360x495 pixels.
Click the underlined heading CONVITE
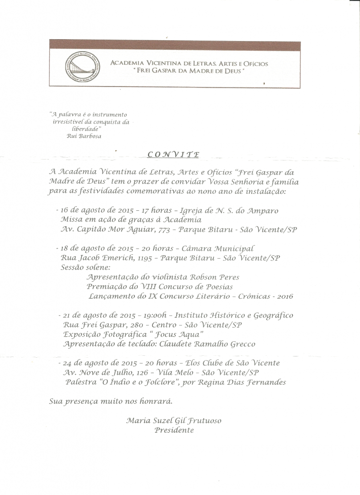click(x=172, y=155)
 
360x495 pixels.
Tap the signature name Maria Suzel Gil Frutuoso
click(x=174, y=421)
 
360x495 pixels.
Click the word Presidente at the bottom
click(x=174, y=430)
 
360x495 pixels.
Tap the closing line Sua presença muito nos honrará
click(x=111, y=401)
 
